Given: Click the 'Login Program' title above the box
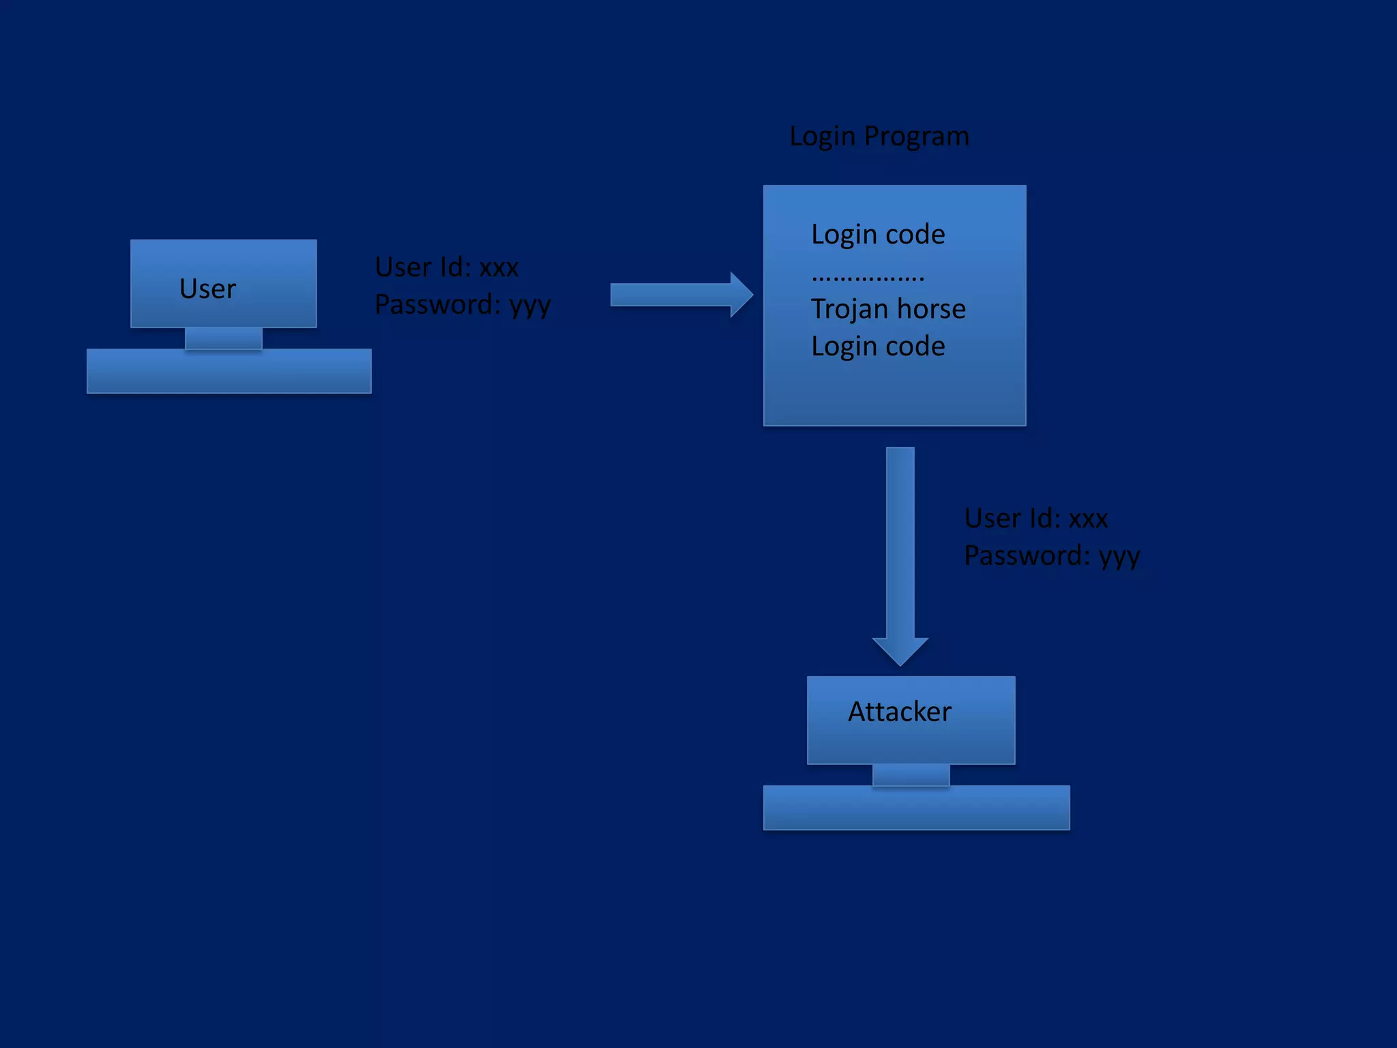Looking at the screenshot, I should point(879,136).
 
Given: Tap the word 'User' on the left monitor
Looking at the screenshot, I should point(207,289).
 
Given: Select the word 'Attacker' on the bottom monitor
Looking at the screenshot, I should point(899,712).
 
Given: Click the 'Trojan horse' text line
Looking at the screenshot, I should point(888,309).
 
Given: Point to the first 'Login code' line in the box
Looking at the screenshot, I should point(878,235).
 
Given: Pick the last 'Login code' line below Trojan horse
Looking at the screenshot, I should point(878,347).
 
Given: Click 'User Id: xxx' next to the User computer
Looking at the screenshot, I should point(447,267).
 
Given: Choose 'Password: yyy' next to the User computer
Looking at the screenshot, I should point(462,305).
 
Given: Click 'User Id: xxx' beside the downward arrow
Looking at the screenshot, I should point(1035,519).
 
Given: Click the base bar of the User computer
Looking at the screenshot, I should point(229,371).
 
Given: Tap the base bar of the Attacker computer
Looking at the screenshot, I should point(916,808).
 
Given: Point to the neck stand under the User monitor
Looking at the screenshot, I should point(224,338).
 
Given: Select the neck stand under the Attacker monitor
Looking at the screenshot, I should point(911,775).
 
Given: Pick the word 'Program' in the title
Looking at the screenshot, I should point(916,136).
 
